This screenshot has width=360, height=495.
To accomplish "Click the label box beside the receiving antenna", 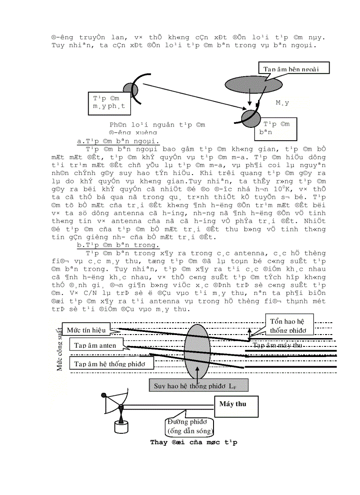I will pyautogui.click(x=277, y=128).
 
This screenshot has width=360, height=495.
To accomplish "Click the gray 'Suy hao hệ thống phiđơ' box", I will pyautogui.click(x=199, y=386).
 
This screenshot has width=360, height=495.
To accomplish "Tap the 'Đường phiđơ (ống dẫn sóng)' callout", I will pyautogui.click(x=190, y=426).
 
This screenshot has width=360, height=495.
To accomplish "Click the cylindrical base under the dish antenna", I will pyautogui.click(x=121, y=426).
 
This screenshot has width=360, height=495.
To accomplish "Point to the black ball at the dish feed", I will pyautogui.click(x=105, y=395).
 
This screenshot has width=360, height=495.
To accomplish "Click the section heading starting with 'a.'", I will pyautogui.click(x=118, y=141).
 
